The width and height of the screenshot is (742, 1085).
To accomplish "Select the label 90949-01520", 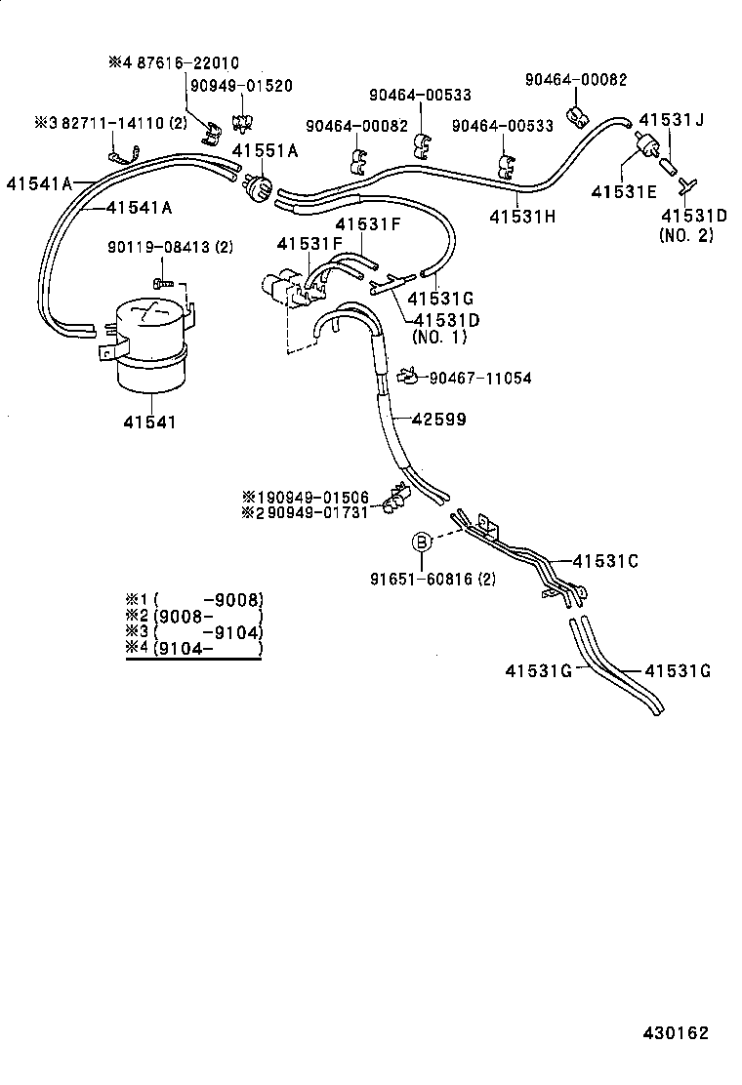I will click(241, 86).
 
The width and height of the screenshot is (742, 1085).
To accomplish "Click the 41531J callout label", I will click(671, 120).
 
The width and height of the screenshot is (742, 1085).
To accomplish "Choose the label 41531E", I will click(624, 191).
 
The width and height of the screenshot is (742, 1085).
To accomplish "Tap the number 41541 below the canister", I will click(150, 422).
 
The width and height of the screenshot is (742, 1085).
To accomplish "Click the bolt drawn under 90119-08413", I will click(163, 282).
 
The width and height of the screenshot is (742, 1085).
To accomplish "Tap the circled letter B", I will click(421, 542).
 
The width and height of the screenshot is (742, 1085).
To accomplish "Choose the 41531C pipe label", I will click(604, 560).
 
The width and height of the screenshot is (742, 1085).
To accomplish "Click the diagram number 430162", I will click(675, 1033).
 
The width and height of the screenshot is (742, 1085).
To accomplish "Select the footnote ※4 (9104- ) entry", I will click(194, 650).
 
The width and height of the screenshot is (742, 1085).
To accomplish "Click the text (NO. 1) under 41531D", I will click(439, 337).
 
